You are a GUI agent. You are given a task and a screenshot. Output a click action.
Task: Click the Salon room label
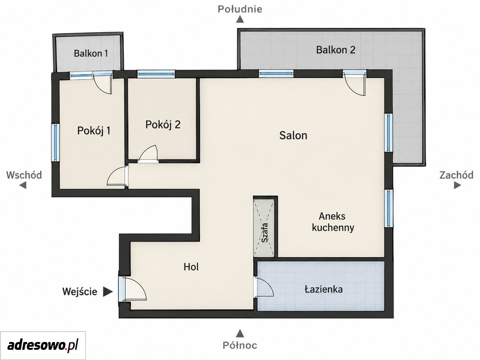tap(293, 135)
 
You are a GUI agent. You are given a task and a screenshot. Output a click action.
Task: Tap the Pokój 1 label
tap(94, 131)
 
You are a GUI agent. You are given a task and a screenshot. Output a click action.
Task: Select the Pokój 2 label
tap(163, 124)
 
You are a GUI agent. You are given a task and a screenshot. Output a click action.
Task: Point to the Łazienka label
tap(323, 289)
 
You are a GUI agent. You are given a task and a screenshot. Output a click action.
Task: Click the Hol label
tap(191, 267)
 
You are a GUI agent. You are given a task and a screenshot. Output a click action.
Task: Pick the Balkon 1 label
tap(91, 53)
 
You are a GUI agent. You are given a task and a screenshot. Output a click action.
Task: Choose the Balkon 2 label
tap(336, 50)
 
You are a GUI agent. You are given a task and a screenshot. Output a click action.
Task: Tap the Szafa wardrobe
tap(264, 226)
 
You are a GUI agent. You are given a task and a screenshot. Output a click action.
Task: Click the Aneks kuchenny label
tap(333, 222)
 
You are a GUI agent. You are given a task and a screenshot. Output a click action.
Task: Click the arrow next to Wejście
tap(108, 292)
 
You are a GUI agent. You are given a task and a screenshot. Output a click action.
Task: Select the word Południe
tap(240, 9)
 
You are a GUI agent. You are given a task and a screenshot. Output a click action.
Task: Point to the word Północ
tap(240, 351)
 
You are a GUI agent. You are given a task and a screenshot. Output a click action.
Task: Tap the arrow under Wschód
tap(23, 185)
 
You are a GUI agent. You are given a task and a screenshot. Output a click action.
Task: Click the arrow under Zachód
tap(457, 185)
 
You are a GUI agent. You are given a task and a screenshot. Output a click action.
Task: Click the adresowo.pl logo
tap(43, 346)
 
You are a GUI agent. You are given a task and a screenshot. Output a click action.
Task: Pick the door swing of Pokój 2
tap(148, 153)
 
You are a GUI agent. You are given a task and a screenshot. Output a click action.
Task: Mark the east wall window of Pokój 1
tap(55, 143)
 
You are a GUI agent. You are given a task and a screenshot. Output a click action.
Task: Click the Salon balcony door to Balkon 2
tap(355, 82)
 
